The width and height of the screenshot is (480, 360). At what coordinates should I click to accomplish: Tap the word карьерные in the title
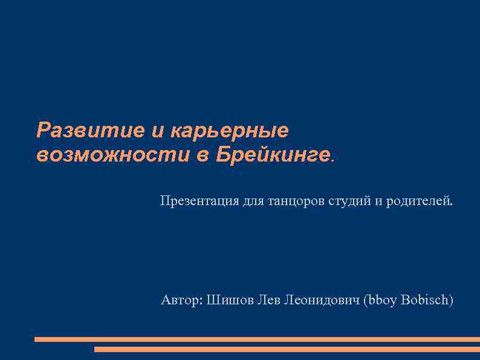click(230, 130)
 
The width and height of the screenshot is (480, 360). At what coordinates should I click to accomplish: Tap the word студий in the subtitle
click(350, 200)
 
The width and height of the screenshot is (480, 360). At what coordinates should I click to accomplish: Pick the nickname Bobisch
click(426, 299)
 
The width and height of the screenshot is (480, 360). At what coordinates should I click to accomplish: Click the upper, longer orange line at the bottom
click(257, 339)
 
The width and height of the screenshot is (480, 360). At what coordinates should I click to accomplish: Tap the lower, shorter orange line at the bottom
click(287, 349)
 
